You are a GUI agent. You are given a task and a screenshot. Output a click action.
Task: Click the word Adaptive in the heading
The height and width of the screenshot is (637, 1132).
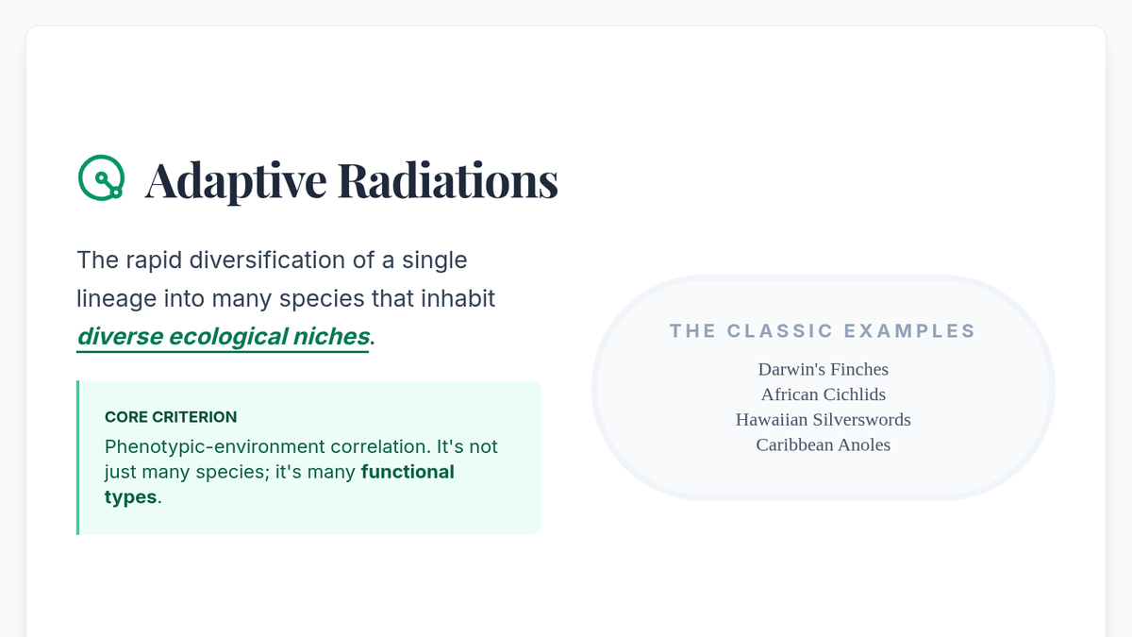point(236,181)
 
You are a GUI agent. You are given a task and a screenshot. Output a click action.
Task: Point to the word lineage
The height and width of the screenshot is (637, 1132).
point(116,299)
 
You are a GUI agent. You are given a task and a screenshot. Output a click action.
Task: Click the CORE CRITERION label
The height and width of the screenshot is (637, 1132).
point(171,417)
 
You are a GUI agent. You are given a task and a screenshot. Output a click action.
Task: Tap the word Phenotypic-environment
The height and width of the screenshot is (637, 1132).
point(215,447)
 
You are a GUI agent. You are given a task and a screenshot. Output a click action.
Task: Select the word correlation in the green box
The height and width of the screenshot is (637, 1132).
point(380,447)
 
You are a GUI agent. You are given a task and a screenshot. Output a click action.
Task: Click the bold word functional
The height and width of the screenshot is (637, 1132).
point(408,472)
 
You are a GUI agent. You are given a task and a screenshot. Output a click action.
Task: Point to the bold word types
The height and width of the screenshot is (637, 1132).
point(130,497)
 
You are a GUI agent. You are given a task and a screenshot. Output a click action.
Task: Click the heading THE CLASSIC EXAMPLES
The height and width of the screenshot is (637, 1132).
point(823,331)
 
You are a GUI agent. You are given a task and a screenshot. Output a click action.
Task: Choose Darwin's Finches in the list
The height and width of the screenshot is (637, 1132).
point(824,369)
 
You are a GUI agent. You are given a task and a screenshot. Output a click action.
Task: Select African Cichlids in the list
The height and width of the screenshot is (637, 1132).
point(824,394)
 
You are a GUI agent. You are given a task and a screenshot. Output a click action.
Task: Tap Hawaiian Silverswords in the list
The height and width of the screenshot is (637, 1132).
point(824,420)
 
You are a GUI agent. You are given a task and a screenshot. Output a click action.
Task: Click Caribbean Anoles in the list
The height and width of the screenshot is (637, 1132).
point(824,444)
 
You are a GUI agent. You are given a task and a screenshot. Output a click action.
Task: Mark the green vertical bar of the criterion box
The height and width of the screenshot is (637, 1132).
point(77,458)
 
